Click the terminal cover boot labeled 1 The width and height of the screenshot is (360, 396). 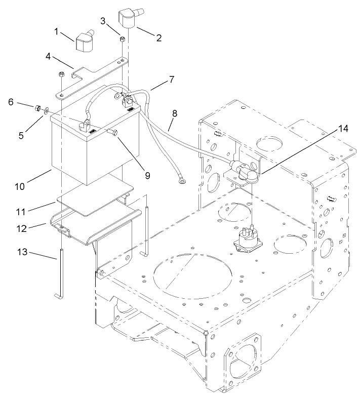(86, 42)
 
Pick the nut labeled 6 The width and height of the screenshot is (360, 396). (37, 107)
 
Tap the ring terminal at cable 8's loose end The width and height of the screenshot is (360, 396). (179, 178)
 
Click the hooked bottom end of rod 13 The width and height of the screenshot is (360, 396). (57, 296)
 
